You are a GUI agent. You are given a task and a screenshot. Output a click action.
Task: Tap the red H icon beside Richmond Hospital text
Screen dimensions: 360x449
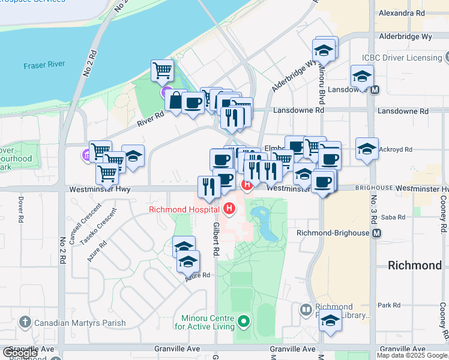[228, 209]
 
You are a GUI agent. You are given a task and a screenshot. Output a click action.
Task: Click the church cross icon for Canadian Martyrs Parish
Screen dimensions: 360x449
[25, 323]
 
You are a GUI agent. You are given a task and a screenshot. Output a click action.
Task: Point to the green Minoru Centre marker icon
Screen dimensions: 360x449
[243, 322]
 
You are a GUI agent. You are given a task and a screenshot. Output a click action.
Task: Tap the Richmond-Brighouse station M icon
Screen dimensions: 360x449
[376, 232]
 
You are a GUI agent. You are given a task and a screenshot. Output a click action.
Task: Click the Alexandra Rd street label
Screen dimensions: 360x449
[401, 13]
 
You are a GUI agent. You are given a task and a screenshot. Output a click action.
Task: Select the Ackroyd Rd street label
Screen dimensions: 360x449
[397, 149]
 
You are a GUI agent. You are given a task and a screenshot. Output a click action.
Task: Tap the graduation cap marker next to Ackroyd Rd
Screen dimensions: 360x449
[367, 149]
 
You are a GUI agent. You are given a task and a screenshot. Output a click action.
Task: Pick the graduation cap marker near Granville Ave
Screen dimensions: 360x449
[330, 320]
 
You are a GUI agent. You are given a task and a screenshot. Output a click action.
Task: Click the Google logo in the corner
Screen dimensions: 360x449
[20, 352]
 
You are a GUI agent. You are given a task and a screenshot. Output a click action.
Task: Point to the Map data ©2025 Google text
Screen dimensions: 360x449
[412, 355]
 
